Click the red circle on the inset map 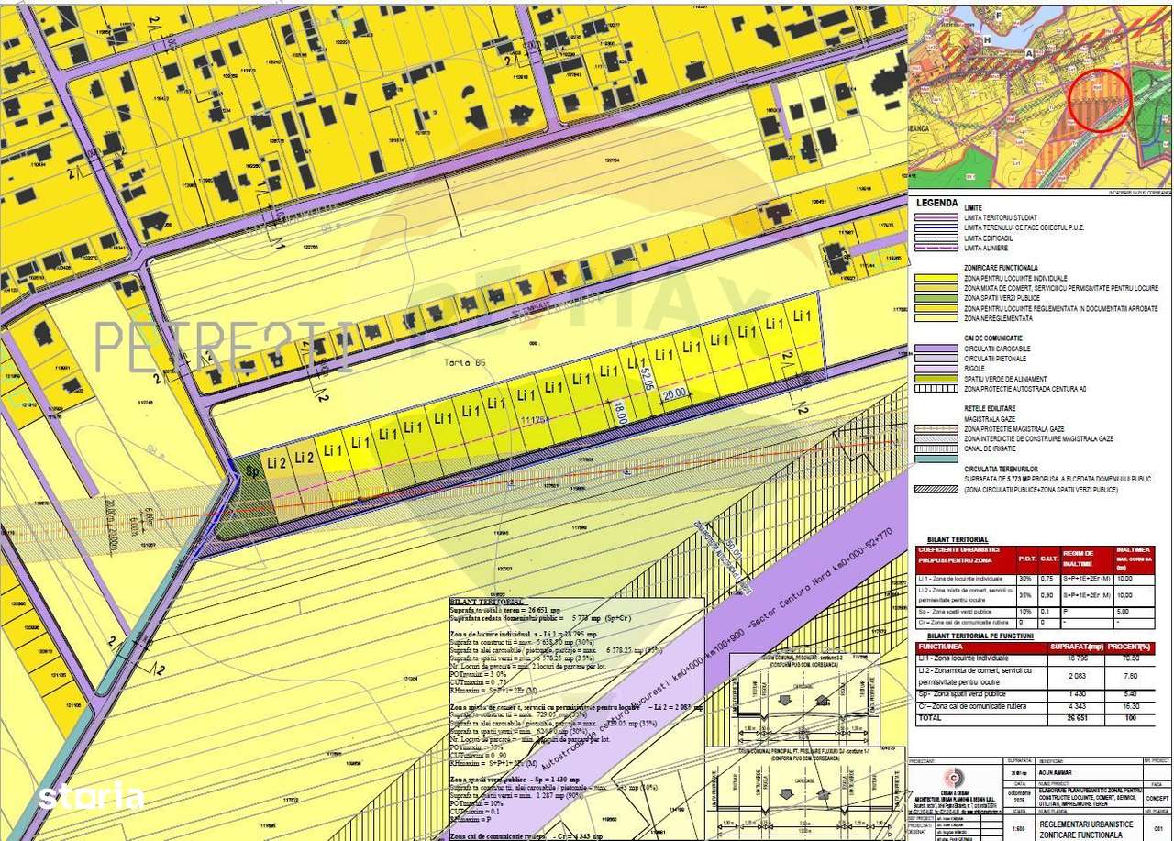(1099, 100)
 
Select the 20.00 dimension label (674, 393)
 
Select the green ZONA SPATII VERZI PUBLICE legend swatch (935, 298)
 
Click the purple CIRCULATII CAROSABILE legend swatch (935, 349)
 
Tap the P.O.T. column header (1026, 558)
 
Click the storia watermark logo (91, 795)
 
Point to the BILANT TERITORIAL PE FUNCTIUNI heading (980, 636)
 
